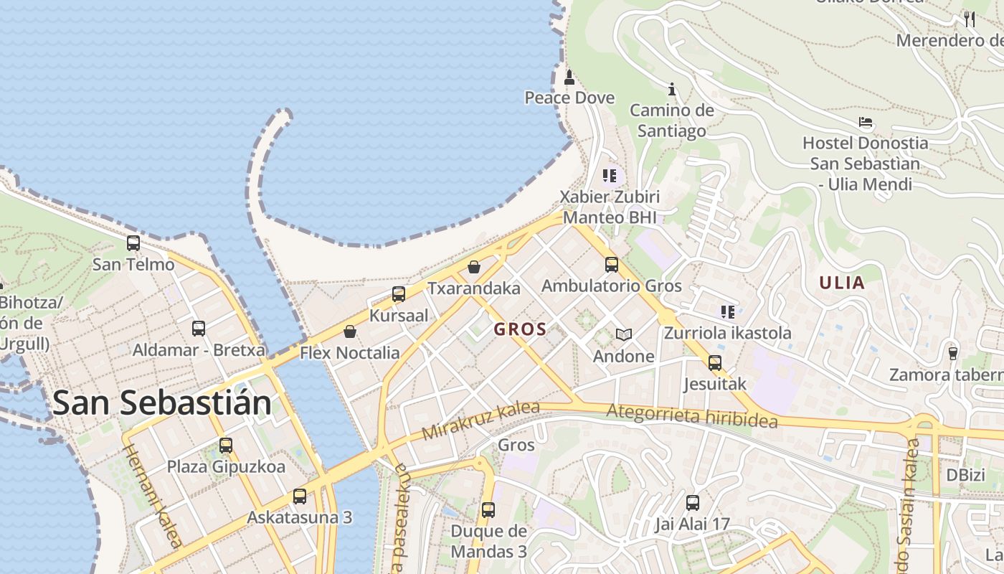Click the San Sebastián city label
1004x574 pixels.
[x=162, y=403]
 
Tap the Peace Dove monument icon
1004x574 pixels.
[x=569, y=77]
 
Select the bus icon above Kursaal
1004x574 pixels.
[x=399, y=293]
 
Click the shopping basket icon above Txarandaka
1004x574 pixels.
[x=473, y=267]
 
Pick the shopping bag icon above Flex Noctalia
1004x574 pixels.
[x=349, y=331]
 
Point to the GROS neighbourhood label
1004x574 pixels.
[x=520, y=330]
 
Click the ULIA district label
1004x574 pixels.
[x=842, y=283]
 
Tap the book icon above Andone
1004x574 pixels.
[x=624, y=335]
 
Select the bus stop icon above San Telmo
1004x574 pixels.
[x=133, y=243]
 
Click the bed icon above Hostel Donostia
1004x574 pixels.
[x=866, y=122]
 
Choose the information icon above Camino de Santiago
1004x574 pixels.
[x=672, y=89]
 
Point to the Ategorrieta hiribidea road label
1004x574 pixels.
[x=691, y=415]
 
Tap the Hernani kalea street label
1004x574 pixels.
[x=153, y=495]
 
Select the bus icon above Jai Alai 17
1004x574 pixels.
[x=692, y=503]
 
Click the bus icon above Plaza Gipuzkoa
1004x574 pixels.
[x=226, y=446]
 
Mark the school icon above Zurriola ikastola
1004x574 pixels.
[x=728, y=312]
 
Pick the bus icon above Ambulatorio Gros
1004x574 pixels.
[x=611, y=265]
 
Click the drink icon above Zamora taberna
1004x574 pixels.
[x=952, y=353]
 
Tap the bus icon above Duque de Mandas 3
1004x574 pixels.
[x=488, y=510]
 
